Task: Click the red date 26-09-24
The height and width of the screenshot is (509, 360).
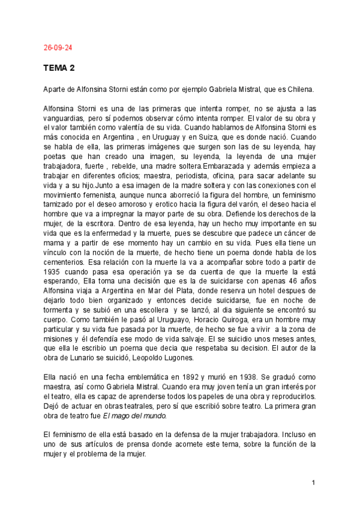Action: point(58,47)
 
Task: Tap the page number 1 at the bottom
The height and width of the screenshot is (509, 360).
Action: point(314,483)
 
